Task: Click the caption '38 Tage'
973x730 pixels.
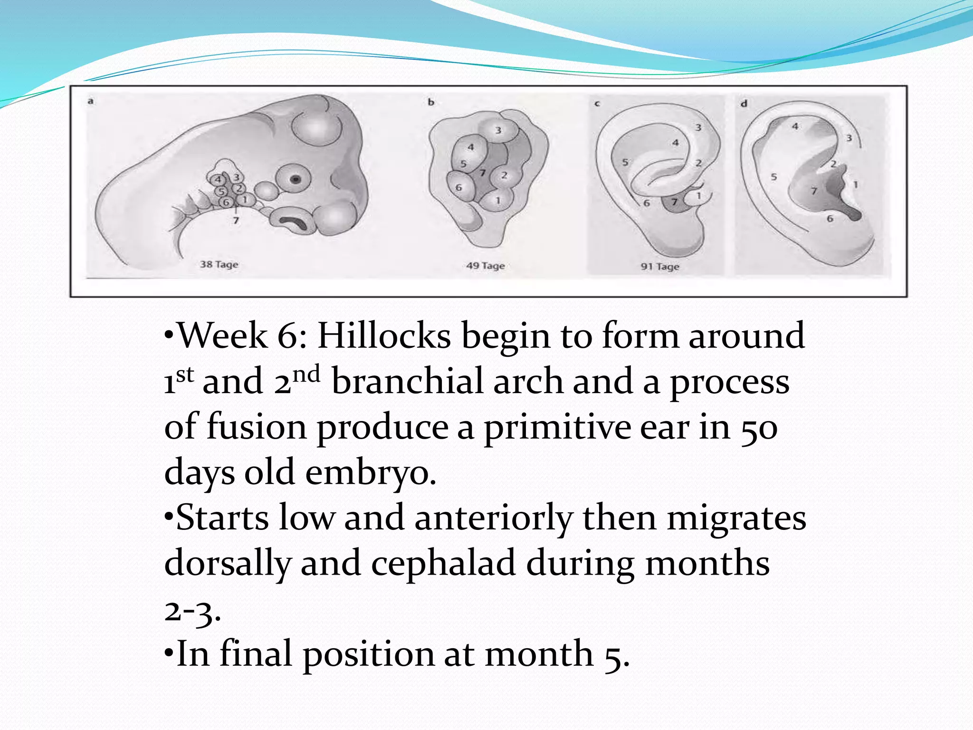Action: pos(219,264)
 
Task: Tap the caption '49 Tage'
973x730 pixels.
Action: pos(485,266)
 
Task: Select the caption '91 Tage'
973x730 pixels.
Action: pos(660,267)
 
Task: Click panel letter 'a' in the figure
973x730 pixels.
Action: pos(90,101)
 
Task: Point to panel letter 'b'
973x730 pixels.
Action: pos(431,102)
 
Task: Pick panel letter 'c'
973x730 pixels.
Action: pos(597,103)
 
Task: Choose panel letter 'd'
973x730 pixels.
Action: pos(744,103)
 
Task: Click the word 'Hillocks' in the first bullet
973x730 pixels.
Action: pos(384,336)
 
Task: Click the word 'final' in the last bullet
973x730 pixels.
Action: pos(256,654)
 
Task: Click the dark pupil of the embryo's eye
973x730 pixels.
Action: pos(296,180)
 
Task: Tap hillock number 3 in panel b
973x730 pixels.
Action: pos(498,130)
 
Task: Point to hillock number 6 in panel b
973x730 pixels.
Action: pos(459,188)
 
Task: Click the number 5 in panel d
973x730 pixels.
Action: pos(773,177)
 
